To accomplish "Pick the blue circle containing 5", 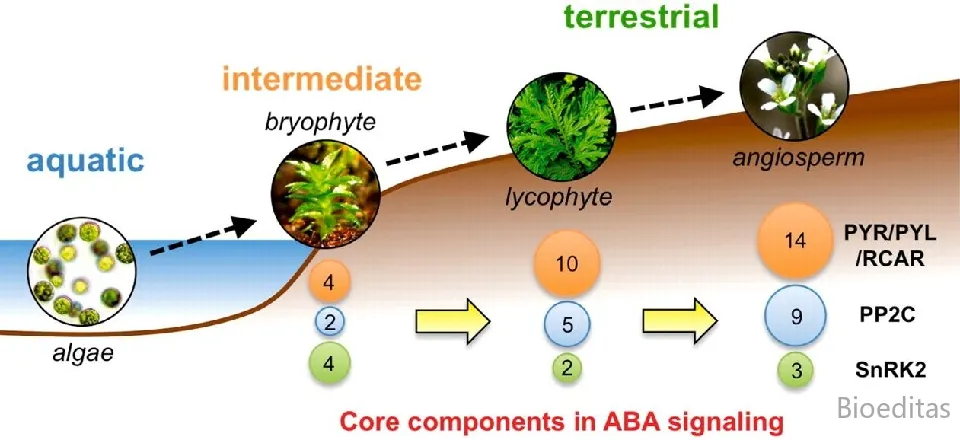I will coord(567,323).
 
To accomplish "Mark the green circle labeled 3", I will coord(797,371).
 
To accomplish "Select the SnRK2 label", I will coord(890,370).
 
